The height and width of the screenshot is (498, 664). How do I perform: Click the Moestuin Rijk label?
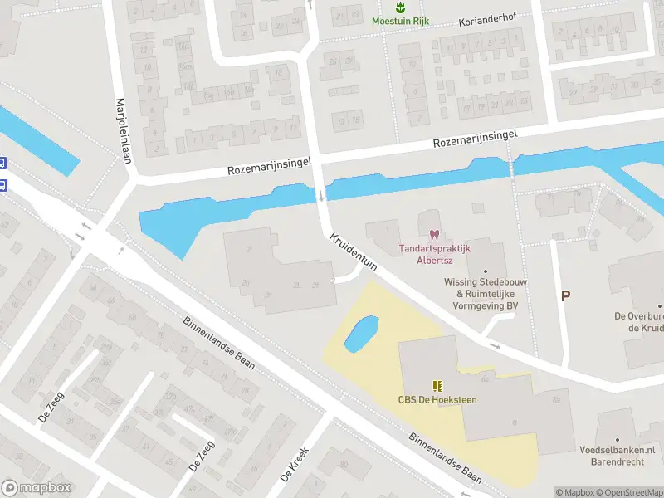(400, 21)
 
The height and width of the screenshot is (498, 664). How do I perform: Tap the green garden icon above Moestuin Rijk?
(400, 7)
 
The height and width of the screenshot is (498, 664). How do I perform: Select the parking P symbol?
(566, 295)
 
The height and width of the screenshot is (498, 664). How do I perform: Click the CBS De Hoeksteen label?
(437, 400)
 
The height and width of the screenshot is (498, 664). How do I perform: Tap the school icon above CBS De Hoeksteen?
(437, 386)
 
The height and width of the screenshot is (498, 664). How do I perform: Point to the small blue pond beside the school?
(360, 333)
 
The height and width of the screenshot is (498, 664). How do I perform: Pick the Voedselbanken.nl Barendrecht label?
(617, 456)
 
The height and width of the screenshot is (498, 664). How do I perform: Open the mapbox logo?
(36, 488)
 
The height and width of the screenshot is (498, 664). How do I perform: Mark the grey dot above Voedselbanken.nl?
(617, 438)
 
